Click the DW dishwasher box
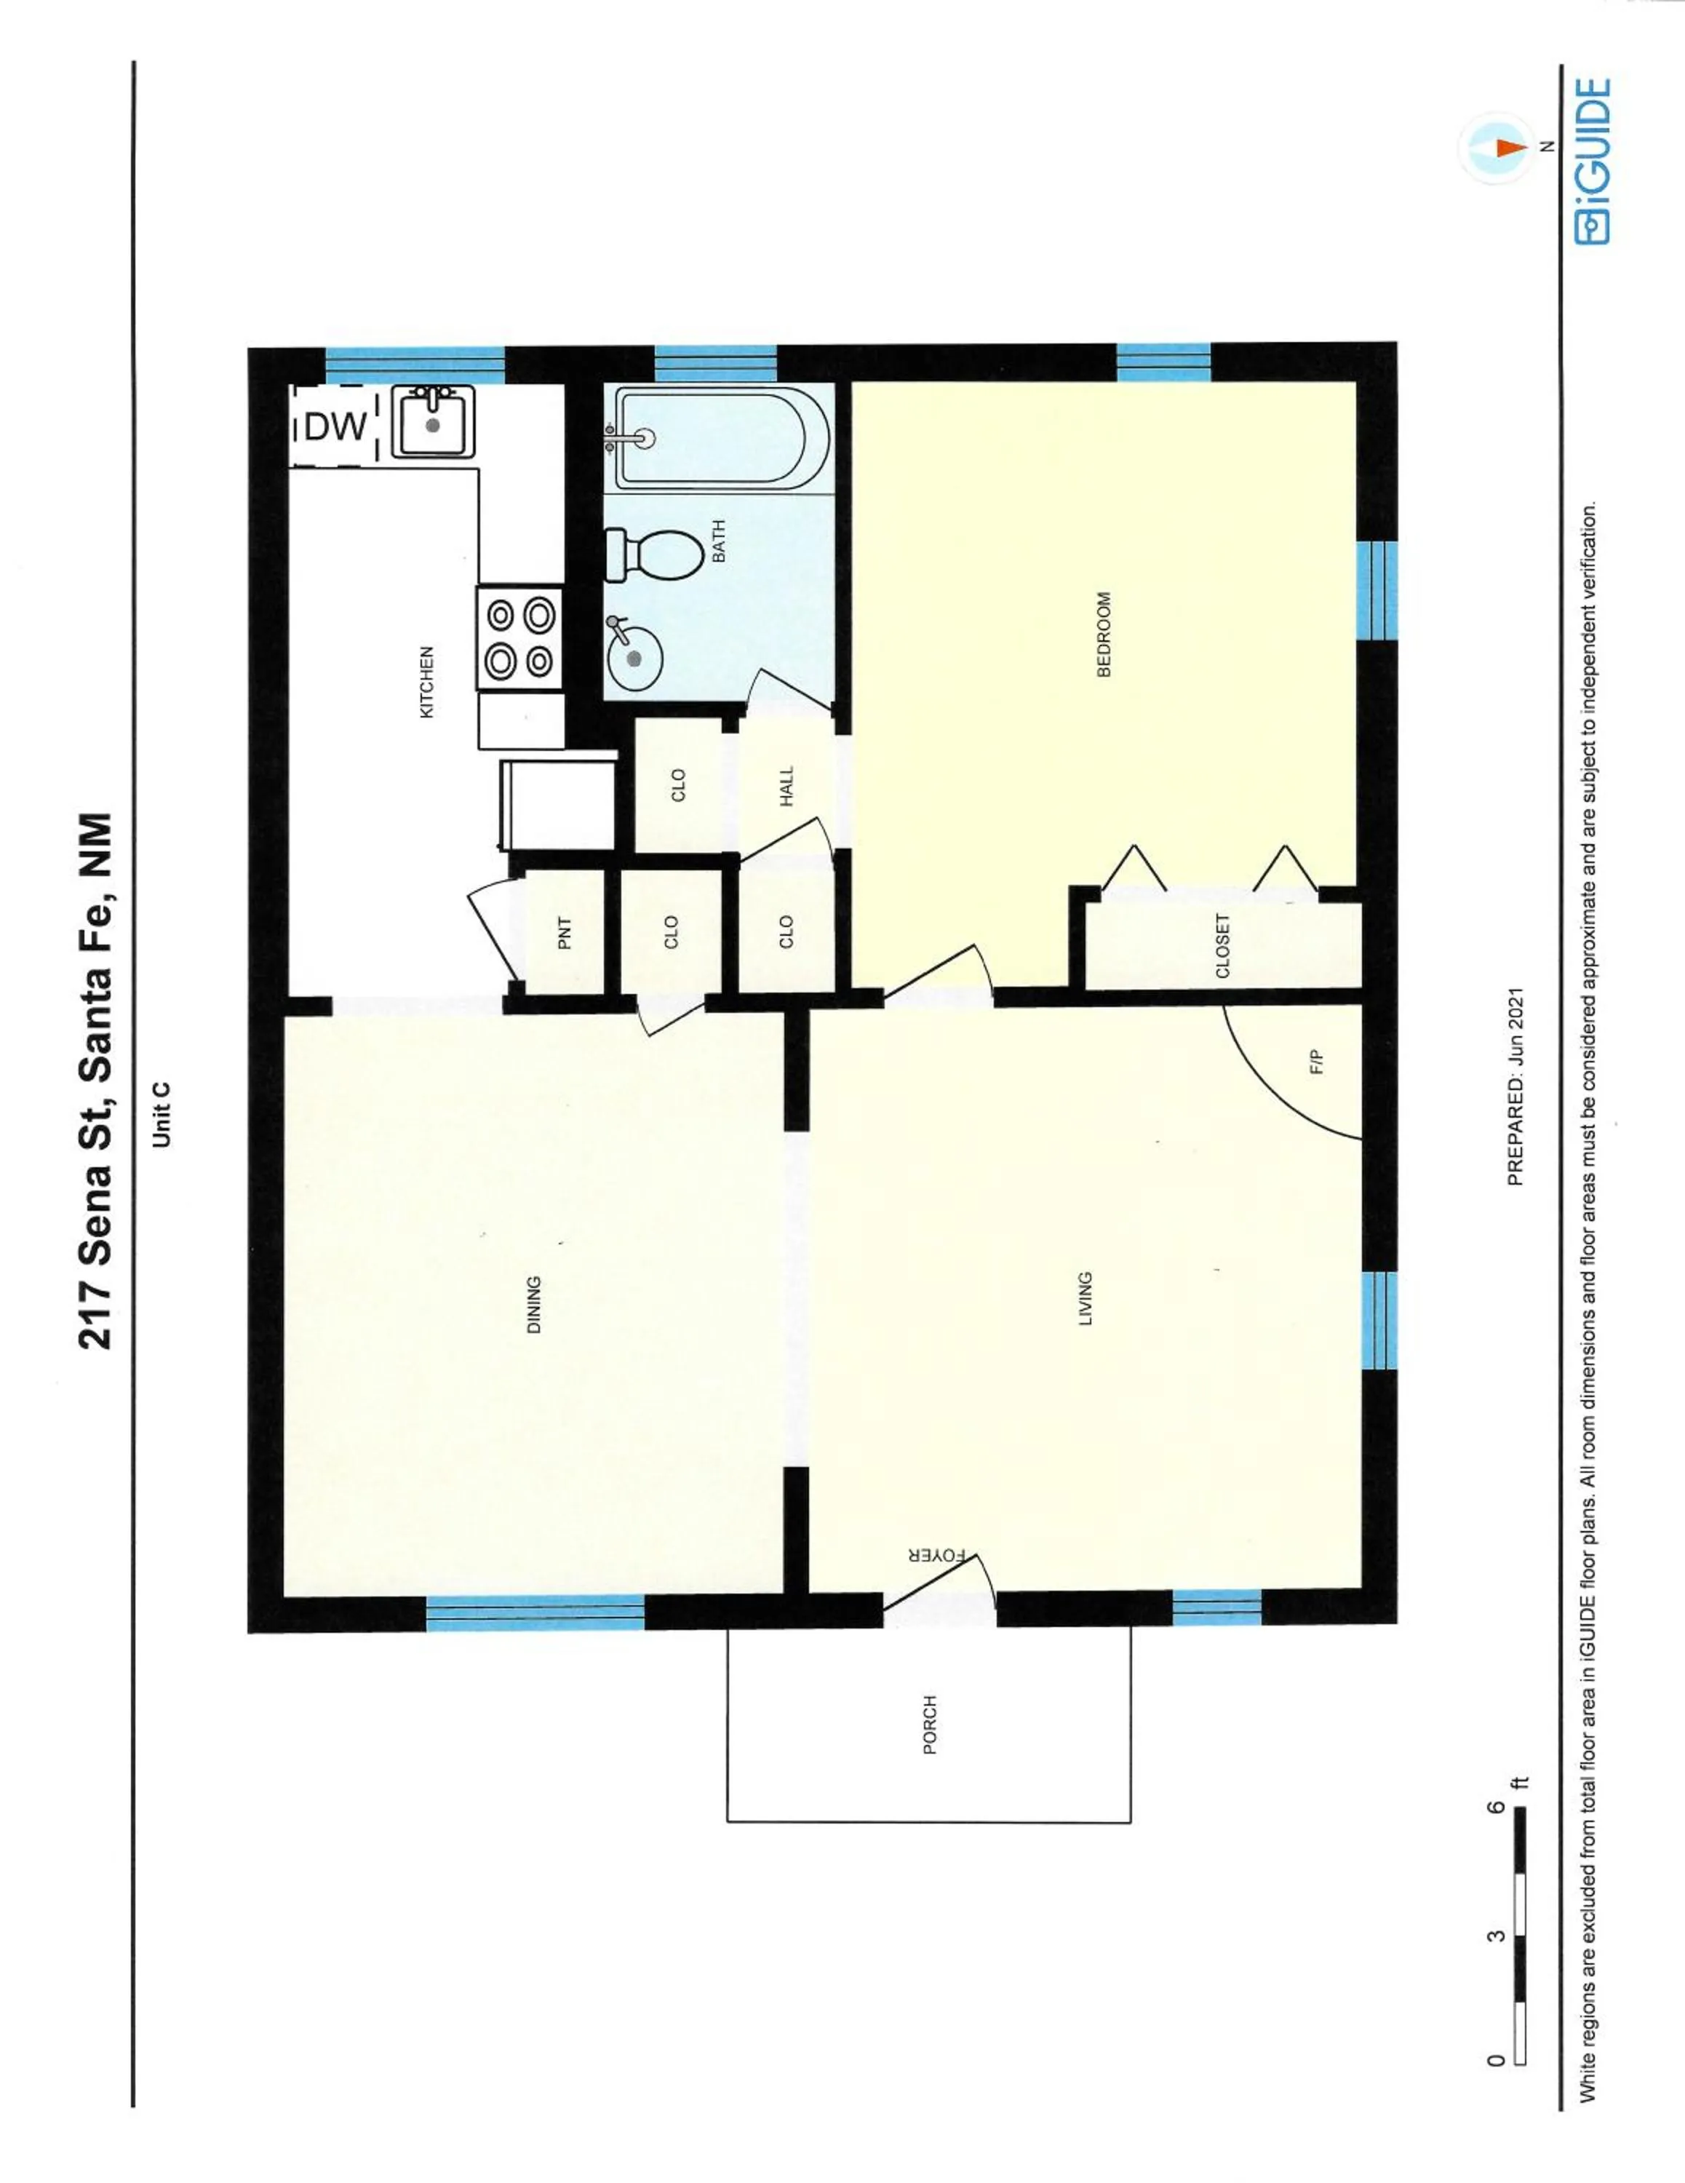[x=335, y=427]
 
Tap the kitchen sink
[x=433, y=423]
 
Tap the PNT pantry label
[x=565, y=933]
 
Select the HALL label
[x=787, y=787]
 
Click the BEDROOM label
[x=1104, y=634]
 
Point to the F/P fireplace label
[x=1316, y=1062]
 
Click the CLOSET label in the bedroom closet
[x=1222, y=945]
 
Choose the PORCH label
[x=930, y=1725]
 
